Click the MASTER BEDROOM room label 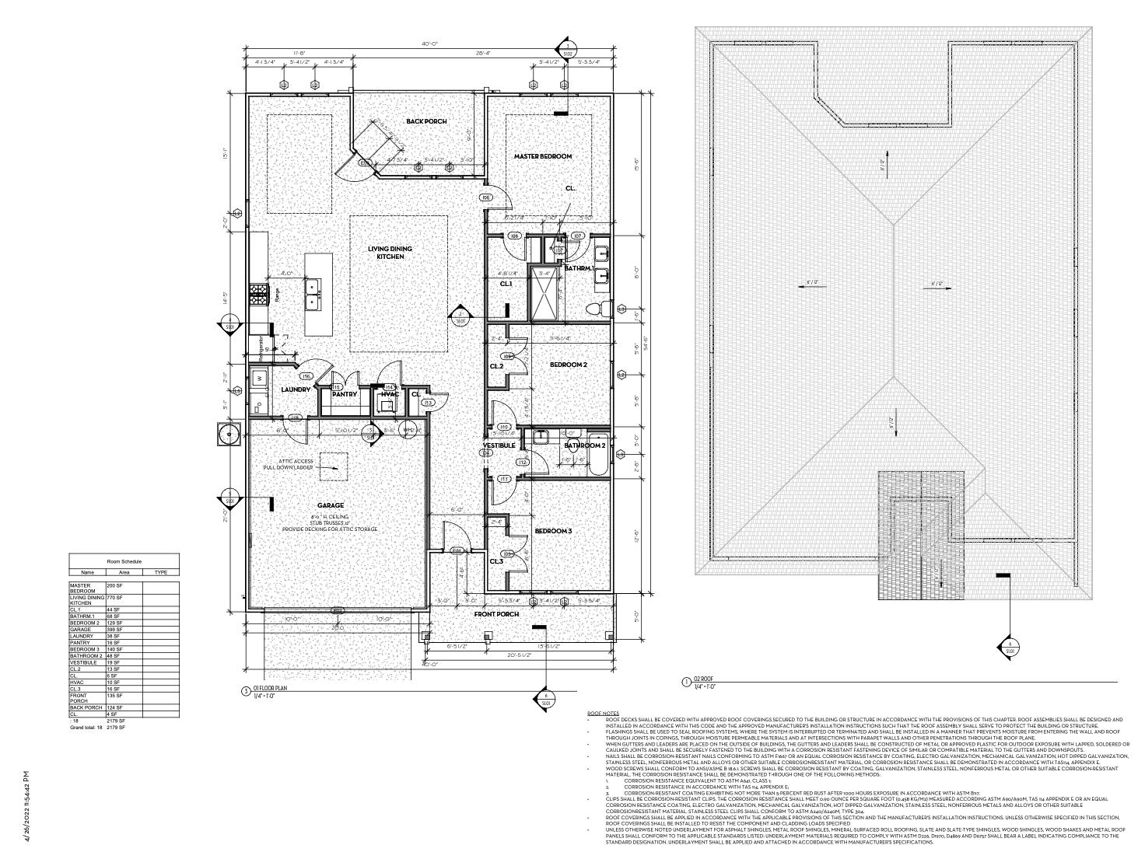(542, 156)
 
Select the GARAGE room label (331, 505)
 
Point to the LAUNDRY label (296, 389)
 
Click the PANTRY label (344, 394)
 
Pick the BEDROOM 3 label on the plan (553, 531)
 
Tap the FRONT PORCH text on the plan (495, 614)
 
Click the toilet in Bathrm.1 (595, 309)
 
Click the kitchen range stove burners (258, 292)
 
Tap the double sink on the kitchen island (314, 295)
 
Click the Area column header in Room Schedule (124, 572)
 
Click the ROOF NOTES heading (603, 713)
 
